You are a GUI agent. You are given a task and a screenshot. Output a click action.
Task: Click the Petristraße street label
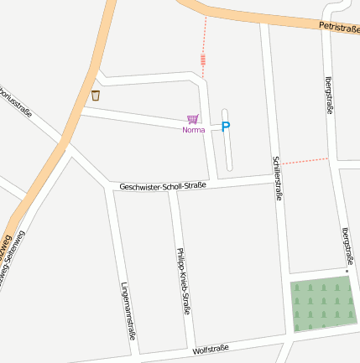pos(338,28)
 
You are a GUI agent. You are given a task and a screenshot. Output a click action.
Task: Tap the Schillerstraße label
pos(277,178)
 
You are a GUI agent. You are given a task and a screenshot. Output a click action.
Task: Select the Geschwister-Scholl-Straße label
pos(163,185)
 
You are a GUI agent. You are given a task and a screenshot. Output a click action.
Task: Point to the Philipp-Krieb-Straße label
pos(183,280)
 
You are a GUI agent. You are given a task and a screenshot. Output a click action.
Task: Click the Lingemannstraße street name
pos(128,310)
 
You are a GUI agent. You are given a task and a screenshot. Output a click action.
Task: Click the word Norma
pos(193,130)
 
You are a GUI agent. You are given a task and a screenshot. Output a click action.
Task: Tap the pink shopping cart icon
pos(193,120)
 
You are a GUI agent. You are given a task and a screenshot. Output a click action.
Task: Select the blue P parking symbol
pos(225,127)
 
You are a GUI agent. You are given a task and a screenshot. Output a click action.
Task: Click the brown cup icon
pos(96,96)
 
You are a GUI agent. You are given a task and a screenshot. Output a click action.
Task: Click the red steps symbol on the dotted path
pos(203,60)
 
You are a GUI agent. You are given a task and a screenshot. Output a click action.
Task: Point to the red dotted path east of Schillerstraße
pos(304,160)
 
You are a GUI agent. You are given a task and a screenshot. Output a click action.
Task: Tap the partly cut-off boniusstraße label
pos(16,99)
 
